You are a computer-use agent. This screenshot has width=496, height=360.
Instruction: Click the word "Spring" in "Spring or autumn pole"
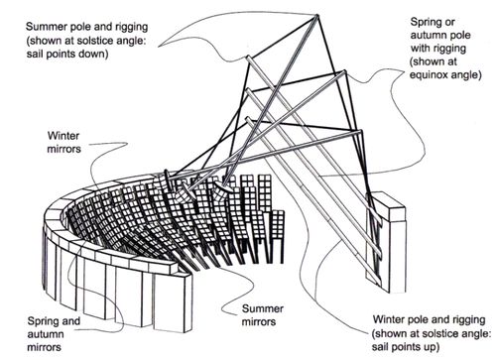click(426, 23)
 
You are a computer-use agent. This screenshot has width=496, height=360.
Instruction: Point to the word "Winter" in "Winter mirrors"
click(63, 136)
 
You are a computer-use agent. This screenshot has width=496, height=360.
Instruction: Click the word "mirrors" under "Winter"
click(63, 149)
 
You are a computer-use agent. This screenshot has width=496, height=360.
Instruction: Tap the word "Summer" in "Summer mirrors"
click(263, 308)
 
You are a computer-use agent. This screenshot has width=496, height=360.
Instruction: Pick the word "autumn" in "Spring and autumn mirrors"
click(46, 334)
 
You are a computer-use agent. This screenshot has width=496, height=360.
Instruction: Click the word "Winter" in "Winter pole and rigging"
click(389, 319)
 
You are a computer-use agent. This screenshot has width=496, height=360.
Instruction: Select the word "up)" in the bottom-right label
click(432, 347)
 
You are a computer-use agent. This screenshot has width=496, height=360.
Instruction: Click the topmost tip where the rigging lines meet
click(316, 15)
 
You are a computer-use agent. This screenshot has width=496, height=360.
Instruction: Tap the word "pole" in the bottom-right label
click(418, 319)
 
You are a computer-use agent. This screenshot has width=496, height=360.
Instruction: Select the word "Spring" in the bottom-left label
click(42, 321)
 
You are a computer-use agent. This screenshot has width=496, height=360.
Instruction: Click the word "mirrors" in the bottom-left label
click(45, 347)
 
